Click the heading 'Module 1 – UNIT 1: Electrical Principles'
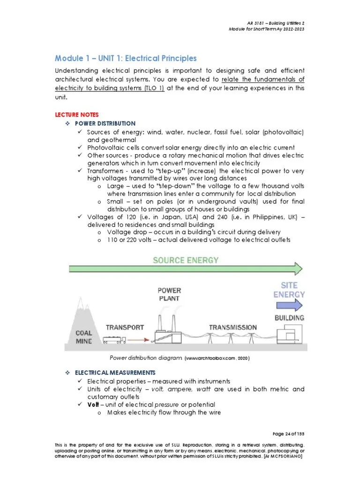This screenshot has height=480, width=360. pos(126,59)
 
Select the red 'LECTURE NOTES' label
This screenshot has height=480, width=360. pos(77,114)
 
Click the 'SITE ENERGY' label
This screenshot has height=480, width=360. pos(289,290)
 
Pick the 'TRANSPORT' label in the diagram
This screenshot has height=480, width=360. pos(124,327)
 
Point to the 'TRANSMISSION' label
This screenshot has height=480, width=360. pos(233,327)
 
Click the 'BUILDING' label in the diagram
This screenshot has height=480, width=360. pos(289,318)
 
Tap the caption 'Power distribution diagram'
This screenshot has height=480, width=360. pos(145,359)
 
